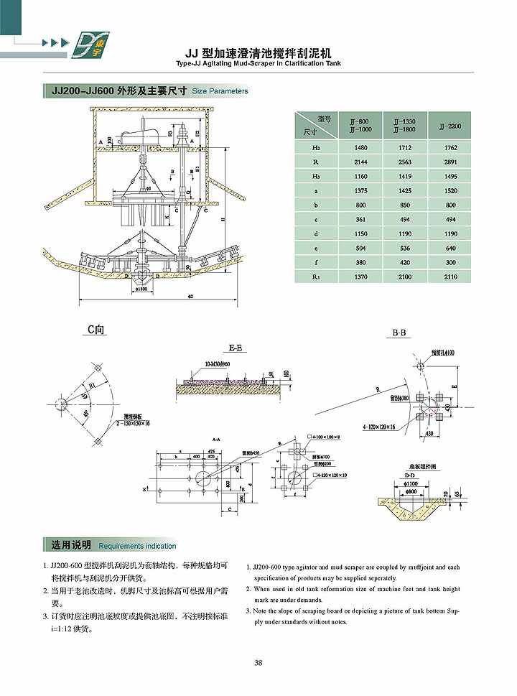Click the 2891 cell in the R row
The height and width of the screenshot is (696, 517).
(449, 162)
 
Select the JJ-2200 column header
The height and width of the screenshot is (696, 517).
(449, 126)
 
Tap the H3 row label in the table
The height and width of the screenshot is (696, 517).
(316, 177)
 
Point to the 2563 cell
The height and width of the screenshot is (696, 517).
(405, 162)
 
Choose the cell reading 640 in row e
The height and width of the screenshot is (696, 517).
(449, 248)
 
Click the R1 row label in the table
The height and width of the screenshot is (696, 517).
(316, 276)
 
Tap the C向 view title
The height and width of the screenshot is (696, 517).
(96, 330)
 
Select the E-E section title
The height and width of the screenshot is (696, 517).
(236, 348)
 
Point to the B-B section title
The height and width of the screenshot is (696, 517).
(400, 333)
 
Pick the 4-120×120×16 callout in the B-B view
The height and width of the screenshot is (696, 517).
(378, 427)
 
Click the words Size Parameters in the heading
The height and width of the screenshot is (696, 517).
(220, 91)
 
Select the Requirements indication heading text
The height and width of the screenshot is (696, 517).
(137, 546)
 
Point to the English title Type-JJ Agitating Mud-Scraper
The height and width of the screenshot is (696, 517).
(258, 64)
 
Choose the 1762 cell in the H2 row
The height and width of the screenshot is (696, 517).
(449, 148)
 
